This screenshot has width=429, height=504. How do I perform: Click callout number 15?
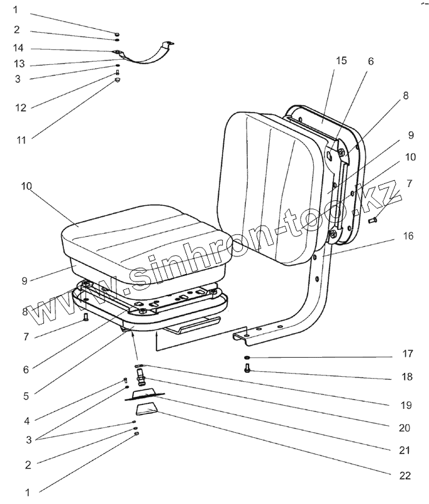341,60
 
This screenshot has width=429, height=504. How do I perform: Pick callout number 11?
21,139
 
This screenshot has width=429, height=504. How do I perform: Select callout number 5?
26,396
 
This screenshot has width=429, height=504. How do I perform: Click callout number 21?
404,450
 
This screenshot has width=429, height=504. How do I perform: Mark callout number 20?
404,427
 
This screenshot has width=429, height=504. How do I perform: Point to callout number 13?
19,64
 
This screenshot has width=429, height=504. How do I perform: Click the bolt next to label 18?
247,370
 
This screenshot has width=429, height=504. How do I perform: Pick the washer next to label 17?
247,358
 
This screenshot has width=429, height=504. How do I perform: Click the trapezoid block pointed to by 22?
146,416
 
